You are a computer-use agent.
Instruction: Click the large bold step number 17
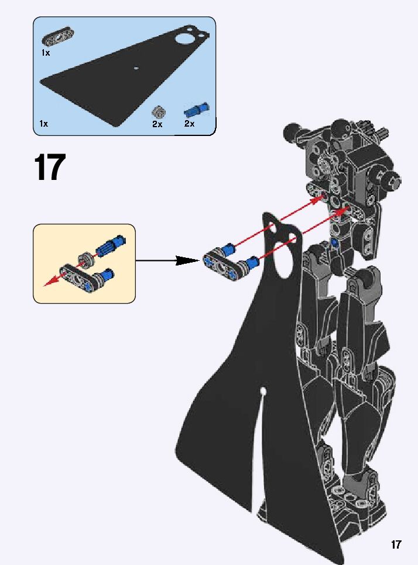(x=50, y=168)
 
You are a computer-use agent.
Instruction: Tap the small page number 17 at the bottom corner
(x=396, y=544)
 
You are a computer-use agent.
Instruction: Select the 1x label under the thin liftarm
(x=46, y=53)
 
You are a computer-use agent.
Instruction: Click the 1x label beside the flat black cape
(x=44, y=124)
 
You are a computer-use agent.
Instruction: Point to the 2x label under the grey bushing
(x=157, y=124)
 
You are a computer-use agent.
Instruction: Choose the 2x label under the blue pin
(x=189, y=124)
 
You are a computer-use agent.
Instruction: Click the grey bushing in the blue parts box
(x=158, y=111)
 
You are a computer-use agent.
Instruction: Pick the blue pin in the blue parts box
(x=197, y=110)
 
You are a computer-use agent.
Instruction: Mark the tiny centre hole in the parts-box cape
(x=136, y=68)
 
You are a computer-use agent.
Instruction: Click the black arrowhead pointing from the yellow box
(x=187, y=260)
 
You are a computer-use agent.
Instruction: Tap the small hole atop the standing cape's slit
(x=263, y=390)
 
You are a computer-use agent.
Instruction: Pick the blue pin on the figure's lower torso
(x=334, y=242)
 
